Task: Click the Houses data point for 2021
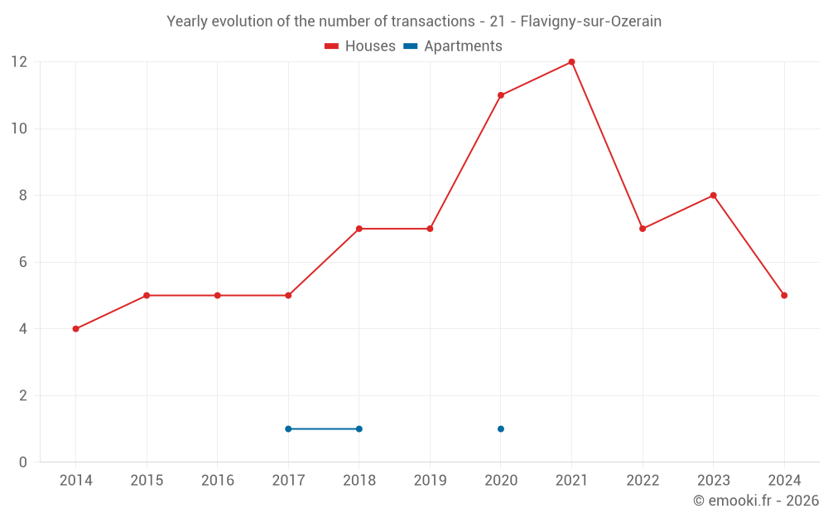[x=571, y=62]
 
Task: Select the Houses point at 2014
[x=75, y=329]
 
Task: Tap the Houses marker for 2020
[x=501, y=95]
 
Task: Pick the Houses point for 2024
[x=784, y=296]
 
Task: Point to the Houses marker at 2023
[x=713, y=196]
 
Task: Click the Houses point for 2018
[x=359, y=229]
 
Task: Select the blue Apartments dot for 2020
[x=501, y=429]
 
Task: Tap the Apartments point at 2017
[x=288, y=429]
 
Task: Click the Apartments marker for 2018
[x=359, y=429]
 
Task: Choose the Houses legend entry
[x=360, y=46]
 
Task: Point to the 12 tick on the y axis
[x=18, y=62]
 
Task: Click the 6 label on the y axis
[x=22, y=262]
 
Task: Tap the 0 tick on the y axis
[x=22, y=462]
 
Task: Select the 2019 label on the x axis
[x=430, y=481]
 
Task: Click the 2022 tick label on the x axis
[x=643, y=481]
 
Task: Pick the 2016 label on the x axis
[x=217, y=481]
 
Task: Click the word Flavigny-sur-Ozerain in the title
[x=590, y=22]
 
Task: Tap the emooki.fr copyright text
[x=756, y=501]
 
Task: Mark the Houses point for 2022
[x=643, y=229]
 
